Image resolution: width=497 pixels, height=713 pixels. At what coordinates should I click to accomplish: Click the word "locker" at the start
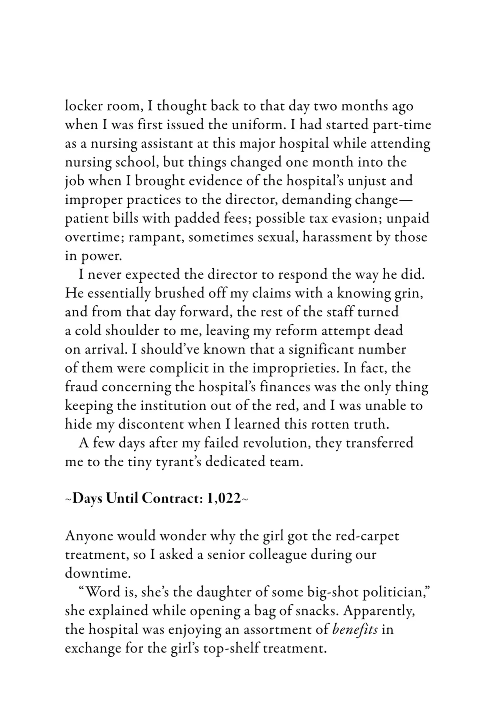click(x=81, y=106)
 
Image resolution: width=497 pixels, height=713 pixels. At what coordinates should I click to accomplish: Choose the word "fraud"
click(x=81, y=387)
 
